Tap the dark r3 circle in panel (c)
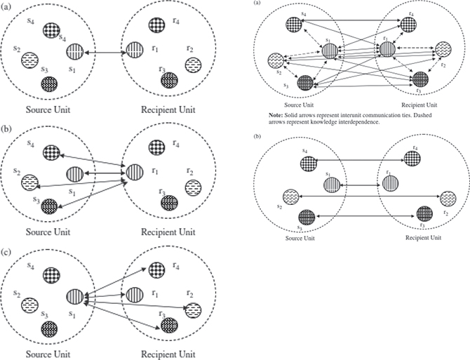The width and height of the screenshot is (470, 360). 167,324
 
